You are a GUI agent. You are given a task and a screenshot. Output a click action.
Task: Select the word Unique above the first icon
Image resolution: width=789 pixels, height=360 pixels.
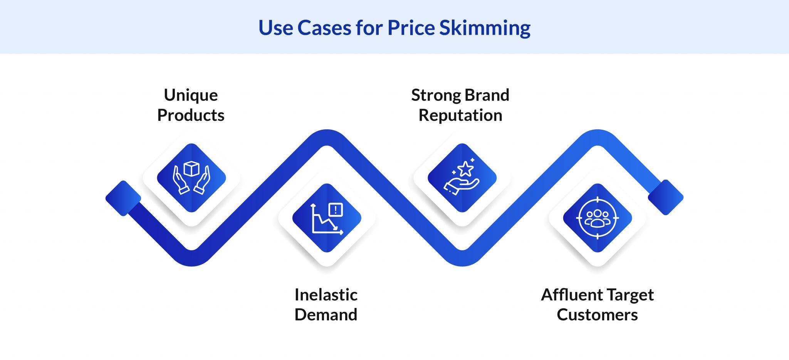[x=191, y=95]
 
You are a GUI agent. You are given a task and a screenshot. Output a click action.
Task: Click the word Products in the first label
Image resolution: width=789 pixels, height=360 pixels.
[x=191, y=115]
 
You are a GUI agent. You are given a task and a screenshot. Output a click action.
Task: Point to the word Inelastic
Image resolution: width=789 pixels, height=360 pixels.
[x=326, y=295]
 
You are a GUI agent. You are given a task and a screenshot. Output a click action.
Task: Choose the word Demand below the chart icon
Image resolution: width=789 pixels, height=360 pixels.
[x=326, y=315]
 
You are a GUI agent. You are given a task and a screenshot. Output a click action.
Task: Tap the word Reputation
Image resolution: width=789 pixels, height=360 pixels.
[x=460, y=115]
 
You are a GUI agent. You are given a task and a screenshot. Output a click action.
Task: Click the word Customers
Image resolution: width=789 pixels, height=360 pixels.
[x=597, y=315]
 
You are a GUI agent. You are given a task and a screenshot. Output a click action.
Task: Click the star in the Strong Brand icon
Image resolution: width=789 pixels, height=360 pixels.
[x=465, y=169]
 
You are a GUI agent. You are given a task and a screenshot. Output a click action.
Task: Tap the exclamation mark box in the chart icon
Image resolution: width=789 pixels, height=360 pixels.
[x=336, y=210]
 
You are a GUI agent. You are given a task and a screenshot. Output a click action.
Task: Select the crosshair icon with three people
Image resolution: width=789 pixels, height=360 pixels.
[x=597, y=218]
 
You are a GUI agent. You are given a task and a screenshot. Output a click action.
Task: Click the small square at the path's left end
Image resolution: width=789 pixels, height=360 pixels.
[x=123, y=198]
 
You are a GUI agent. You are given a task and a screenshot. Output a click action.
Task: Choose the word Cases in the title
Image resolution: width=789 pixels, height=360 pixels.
[x=324, y=28]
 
